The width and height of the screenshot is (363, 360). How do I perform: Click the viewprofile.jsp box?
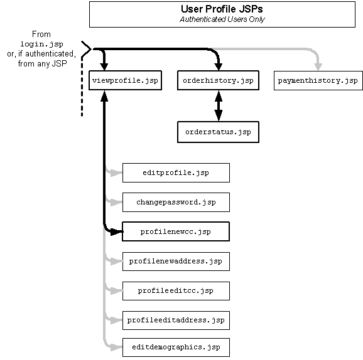125,80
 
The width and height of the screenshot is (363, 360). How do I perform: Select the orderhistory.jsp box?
218,80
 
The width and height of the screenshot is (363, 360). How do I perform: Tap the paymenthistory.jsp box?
318,80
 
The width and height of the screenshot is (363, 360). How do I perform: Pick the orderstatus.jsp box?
218,132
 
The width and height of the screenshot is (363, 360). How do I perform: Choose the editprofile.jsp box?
176,172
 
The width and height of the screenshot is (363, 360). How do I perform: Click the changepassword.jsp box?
176,202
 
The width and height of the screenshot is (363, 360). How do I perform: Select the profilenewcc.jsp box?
176,231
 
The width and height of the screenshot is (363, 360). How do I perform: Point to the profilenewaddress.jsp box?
176,262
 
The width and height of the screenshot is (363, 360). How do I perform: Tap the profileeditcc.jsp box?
176,291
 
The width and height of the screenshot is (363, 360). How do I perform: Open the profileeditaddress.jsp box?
176,320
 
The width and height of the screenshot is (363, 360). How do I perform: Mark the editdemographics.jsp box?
176,347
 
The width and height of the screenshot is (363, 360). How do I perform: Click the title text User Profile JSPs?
222,9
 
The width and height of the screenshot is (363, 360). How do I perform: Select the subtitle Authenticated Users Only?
222,19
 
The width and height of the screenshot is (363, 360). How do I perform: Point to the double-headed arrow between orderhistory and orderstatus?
219,105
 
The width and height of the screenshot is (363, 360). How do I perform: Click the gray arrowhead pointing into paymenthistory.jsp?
318,66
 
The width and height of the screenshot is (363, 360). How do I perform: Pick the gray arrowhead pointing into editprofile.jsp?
116,172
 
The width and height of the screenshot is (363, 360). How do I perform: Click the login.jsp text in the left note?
41,44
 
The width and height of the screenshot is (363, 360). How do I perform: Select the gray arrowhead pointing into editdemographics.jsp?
116,347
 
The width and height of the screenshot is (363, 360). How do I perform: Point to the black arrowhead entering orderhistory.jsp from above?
219,66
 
